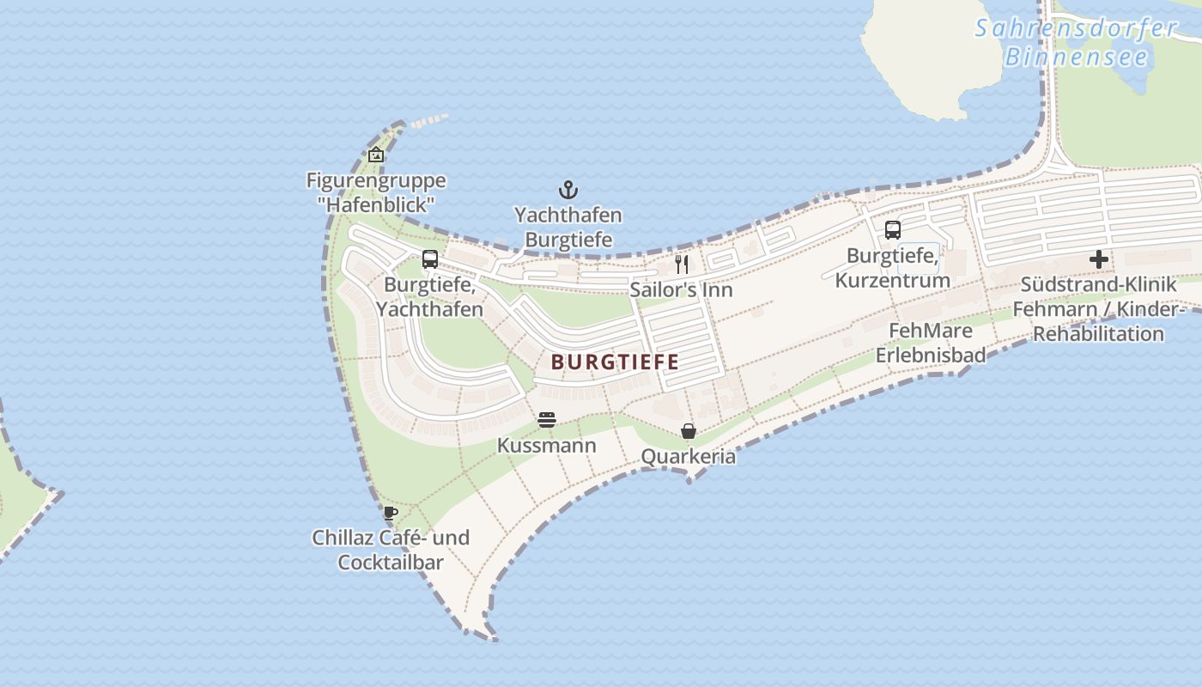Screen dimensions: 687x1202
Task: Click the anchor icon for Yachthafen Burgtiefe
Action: pyautogui.click(x=568, y=190)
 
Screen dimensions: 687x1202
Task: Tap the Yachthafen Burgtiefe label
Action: pyautogui.click(x=568, y=227)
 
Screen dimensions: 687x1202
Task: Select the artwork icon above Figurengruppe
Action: pyautogui.click(x=375, y=155)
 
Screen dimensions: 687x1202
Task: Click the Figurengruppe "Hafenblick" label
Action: pyautogui.click(x=376, y=192)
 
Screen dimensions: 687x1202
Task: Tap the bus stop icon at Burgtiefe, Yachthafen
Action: pyautogui.click(x=430, y=259)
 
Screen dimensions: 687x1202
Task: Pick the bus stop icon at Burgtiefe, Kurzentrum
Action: pyautogui.click(x=893, y=230)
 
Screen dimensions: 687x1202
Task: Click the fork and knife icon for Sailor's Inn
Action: pyautogui.click(x=682, y=264)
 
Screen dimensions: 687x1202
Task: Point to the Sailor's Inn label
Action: pyautogui.click(x=681, y=289)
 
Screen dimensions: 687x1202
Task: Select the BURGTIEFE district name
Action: pyautogui.click(x=615, y=362)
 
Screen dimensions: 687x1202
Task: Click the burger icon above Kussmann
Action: pyautogui.click(x=547, y=420)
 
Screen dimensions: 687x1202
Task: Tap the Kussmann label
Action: pyautogui.click(x=547, y=446)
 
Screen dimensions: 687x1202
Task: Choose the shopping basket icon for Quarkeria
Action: pyautogui.click(x=689, y=431)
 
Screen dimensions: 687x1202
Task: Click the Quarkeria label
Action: pyautogui.click(x=689, y=456)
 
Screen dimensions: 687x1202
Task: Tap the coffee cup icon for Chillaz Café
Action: pyautogui.click(x=391, y=514)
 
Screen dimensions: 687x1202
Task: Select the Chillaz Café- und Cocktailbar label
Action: pyautogui.click(x=391, y=550)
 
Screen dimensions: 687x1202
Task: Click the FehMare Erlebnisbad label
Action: pyautogui.click(x=931, y=343)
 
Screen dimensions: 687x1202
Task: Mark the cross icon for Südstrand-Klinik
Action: pyautogui.click(x=1099, y=259)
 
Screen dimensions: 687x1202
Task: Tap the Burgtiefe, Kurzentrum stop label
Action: pyautogui.click(x=893, y=268)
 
